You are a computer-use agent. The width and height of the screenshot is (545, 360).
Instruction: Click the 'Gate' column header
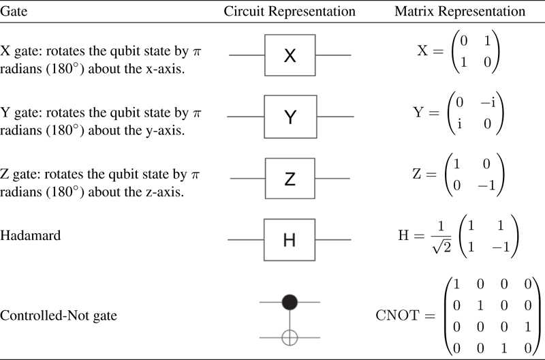[x=14, y=11]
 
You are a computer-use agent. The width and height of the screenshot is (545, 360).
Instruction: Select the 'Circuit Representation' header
[x=290, y=12]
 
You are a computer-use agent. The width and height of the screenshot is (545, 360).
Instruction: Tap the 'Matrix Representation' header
[x=460, y=12]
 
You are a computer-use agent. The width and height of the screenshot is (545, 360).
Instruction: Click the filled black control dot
[x=290, y=302]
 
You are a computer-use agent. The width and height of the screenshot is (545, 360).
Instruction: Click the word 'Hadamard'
[x=30, y=235]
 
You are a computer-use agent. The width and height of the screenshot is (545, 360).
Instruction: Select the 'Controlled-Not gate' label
[x=59, y=316]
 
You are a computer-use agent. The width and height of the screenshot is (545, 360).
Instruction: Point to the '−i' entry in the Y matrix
[x=488, y=102]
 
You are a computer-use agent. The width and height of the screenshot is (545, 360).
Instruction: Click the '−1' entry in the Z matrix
[x=486, y=185]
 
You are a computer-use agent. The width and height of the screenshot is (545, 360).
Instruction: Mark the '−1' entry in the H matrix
[x=501, y=247]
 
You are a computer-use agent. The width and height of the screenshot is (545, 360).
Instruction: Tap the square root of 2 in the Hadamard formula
[x=441, y=246]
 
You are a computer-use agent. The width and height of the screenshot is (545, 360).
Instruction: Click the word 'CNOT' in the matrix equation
[x=397, y=316]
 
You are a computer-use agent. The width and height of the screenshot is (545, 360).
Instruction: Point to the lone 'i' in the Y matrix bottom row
[x=459, y=123]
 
